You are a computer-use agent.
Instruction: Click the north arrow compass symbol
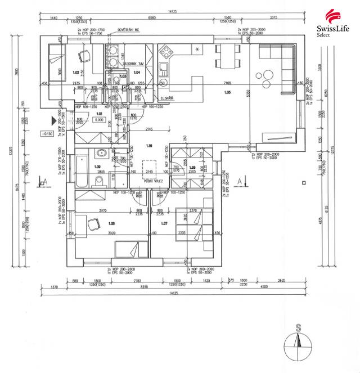(300, 341)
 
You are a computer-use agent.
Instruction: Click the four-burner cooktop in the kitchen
(167, 54)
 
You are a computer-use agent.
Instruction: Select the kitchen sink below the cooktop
(163, 70)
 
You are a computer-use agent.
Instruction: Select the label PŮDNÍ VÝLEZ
(153, 179)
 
